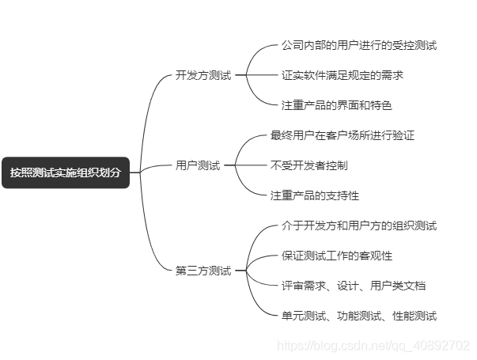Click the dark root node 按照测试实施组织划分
coord(66,172)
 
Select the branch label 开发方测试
coord(203,75)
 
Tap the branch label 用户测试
coord(198,165)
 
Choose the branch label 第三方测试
coord(203,271)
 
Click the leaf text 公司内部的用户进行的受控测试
coord(358,45)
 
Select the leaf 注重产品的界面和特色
coord(336,105)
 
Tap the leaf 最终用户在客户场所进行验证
coord(342,135)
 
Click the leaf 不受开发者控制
coord(309,165)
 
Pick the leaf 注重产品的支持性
coord(314,195)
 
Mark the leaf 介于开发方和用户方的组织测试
coord(358,225)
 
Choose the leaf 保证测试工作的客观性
coord(336,256)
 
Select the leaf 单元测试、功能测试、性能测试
coord(358,316)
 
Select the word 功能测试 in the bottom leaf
coord(358,316)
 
